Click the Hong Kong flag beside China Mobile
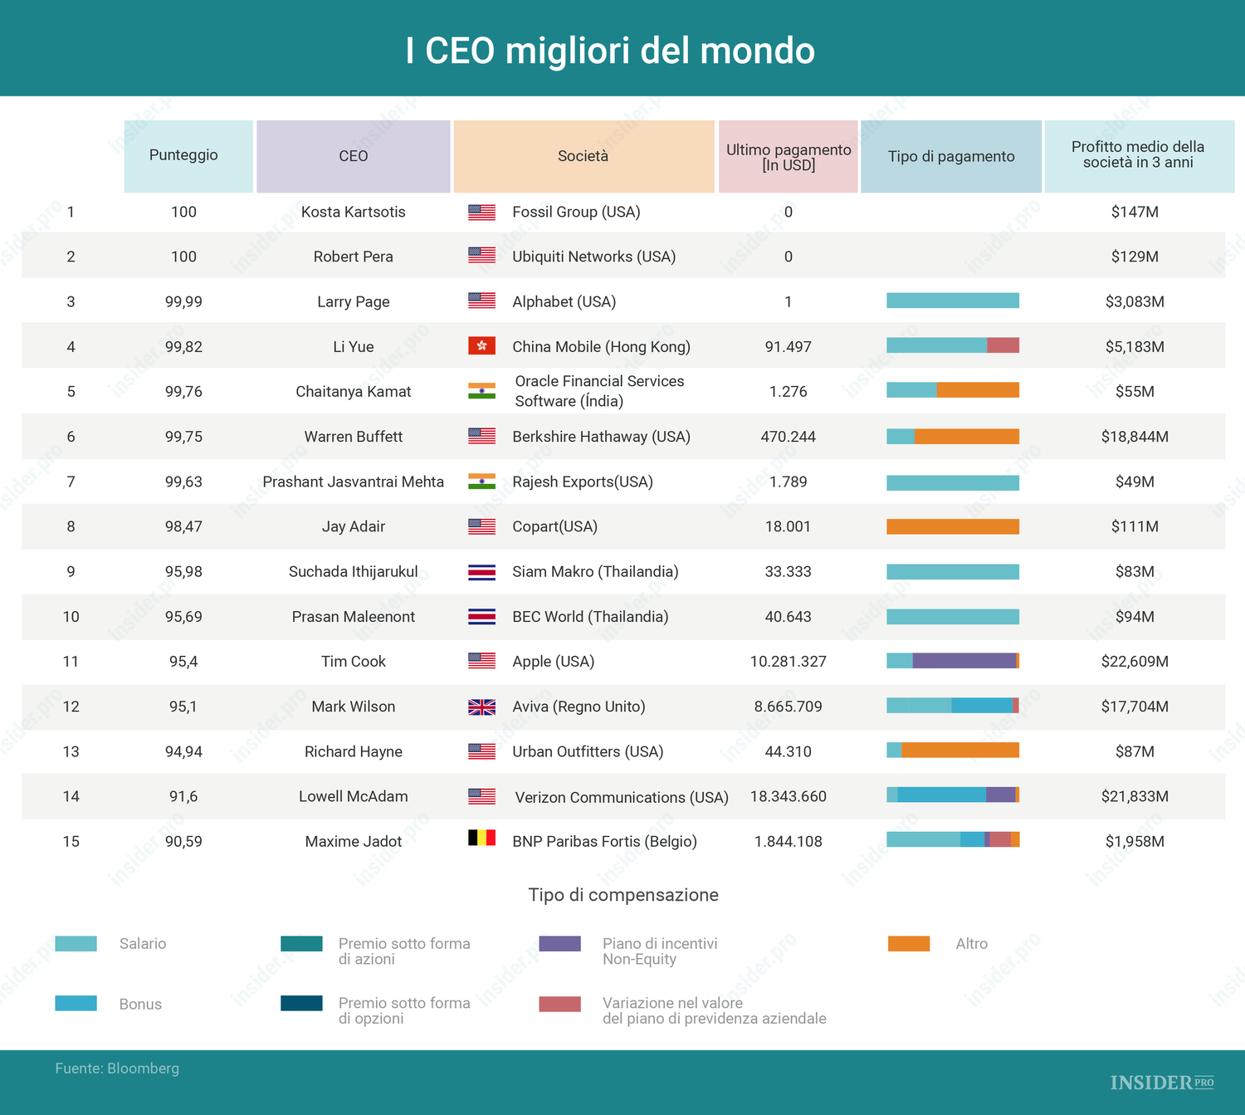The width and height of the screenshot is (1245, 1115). coord(481,345)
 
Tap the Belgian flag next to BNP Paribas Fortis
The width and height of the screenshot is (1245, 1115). coord(481,838)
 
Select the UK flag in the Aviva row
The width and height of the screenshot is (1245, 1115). coord(481,707)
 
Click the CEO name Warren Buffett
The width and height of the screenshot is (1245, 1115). coord(353,437)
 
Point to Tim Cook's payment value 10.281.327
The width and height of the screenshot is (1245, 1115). coord(788,662)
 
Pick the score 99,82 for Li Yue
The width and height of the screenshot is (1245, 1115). coord(183,347)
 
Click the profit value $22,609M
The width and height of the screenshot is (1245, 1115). coord(1135,662)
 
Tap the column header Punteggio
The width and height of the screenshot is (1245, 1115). coord(183,155)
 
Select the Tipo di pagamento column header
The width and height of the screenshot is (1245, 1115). coord(951,156)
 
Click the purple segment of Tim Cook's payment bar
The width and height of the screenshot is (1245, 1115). coord(964,661)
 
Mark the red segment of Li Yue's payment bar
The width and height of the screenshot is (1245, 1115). coord(1003,345)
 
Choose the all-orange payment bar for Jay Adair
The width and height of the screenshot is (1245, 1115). coord(953,526)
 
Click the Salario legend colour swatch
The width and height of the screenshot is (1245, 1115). coord(76,944)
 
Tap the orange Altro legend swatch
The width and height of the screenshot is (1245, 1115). coord(909,944)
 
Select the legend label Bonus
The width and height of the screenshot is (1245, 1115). coord(140,1005)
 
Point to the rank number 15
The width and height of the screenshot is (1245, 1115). coord(71,842)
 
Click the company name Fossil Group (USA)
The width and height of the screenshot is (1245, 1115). coord(576,212)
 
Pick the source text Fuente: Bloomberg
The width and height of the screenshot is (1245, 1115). coord(117,1069)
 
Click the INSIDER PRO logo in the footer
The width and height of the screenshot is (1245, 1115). coord(1161,1083)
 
